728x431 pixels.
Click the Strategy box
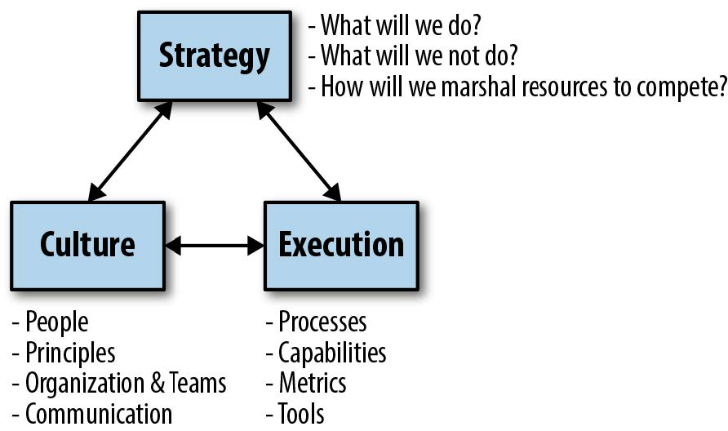(x=214, y=56)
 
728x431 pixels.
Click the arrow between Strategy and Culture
(x=131, y=151)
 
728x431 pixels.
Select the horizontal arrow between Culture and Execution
(x=215, y=244)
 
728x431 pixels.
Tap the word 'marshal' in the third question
(x=482, y=87)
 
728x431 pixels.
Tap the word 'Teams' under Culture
(x=198, y=383)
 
